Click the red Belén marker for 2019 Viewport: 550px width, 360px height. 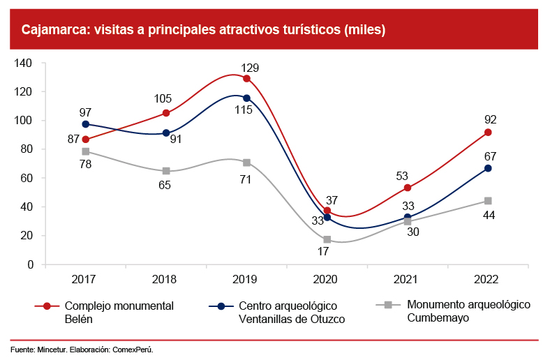coord(246,78)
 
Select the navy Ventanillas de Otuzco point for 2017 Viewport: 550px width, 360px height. coord(85,124)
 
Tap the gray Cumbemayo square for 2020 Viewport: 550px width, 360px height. coord(327,239)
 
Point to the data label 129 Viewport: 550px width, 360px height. coord(250,68)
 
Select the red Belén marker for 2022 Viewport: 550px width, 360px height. coord(488,132)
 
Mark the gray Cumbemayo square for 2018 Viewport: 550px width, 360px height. coord(166,171)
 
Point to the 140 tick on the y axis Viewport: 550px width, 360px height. coord(24,63)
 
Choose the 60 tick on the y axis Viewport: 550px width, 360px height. coord(27,178)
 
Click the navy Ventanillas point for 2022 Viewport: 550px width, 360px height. coord(488,168)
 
